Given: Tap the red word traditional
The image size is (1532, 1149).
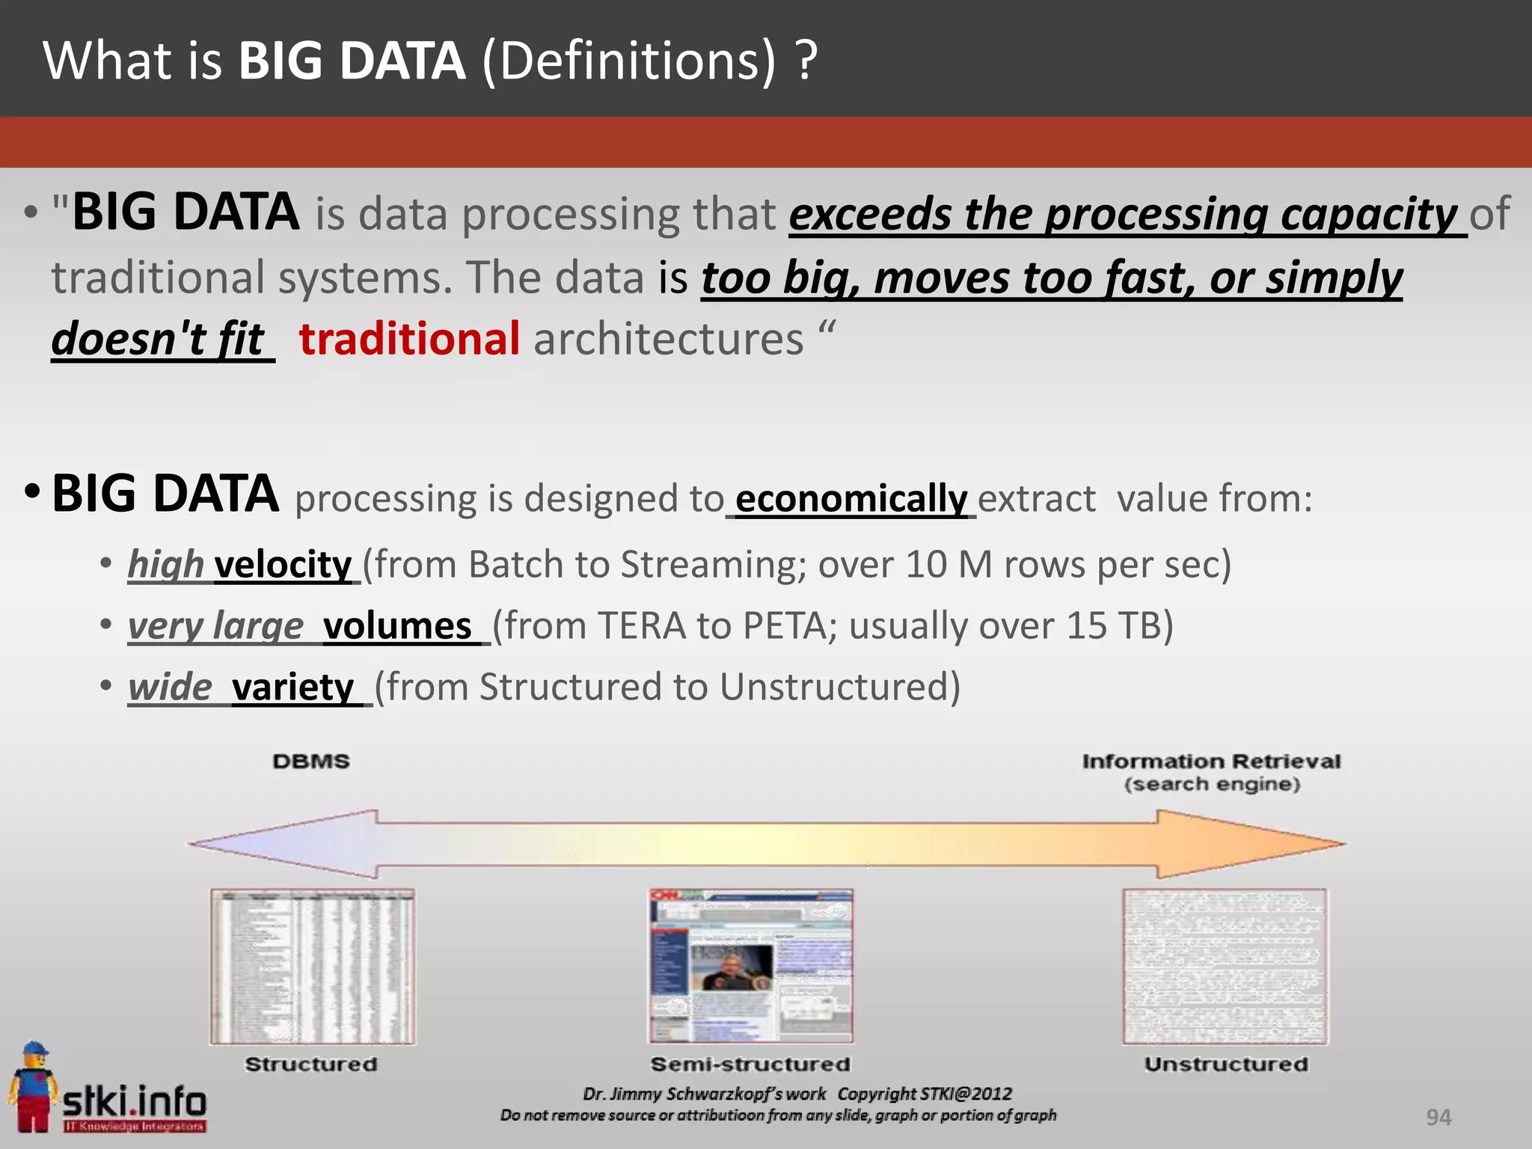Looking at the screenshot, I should coord(409,339).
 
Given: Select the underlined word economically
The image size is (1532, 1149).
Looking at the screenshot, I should coord(851,499).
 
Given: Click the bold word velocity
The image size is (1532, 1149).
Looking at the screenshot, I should coord(283,565).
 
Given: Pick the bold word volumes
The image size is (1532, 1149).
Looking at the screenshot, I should coord(397,626).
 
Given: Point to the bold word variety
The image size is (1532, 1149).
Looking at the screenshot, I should coord(292,687).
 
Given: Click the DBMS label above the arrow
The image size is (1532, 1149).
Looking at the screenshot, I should coord(311,762).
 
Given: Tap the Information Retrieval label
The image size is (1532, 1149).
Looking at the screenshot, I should coord(1211,762).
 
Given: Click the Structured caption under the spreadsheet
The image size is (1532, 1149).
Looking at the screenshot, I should coord(311,1064).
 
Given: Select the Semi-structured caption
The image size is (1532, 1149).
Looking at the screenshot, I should coord(750,1064).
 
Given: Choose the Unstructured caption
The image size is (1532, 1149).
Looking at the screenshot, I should coord(1226,1064).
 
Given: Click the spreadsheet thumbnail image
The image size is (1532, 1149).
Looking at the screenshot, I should coord(313,966).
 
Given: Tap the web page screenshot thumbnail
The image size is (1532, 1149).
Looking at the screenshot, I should coord(750,966).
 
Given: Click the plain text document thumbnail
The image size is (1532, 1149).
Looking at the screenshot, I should coord(1225,966).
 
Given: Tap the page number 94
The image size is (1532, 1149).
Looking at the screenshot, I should coord(1438,1118).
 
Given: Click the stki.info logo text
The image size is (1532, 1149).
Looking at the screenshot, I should coord(135,1102).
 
